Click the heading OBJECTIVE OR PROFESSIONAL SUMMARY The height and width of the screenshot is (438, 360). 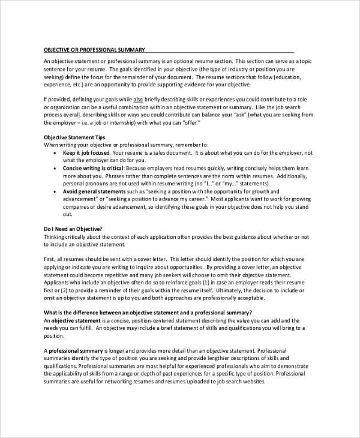pos(94,50)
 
